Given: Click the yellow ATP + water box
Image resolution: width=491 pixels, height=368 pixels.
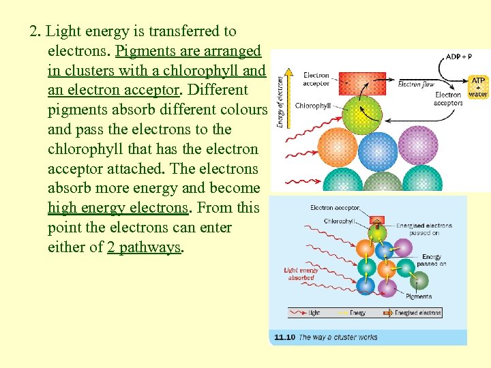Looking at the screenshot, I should click(x=478, y=87).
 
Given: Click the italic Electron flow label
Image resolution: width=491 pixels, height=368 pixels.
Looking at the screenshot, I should click(x=416, y=85).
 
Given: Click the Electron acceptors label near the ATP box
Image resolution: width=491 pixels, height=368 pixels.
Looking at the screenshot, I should click(x=448, y=99).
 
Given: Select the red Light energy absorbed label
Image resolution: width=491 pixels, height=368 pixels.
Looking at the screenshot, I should click(x=301, y=274).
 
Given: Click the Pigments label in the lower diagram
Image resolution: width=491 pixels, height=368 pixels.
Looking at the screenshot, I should click(x=419, y=296).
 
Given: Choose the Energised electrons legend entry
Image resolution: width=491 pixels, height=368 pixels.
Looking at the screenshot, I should click(x=417, y=313).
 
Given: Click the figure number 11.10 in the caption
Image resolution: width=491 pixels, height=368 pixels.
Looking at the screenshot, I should click(x=284, y=337).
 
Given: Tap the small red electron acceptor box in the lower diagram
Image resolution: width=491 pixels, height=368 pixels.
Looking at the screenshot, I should click(x=375, y=221).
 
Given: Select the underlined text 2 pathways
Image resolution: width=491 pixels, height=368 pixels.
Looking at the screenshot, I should click(x=145, y=247).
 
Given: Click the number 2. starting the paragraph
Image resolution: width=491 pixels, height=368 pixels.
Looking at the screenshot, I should click(x=36, y=31).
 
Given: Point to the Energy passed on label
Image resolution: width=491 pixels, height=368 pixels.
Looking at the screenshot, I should click(x=431, y=260).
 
